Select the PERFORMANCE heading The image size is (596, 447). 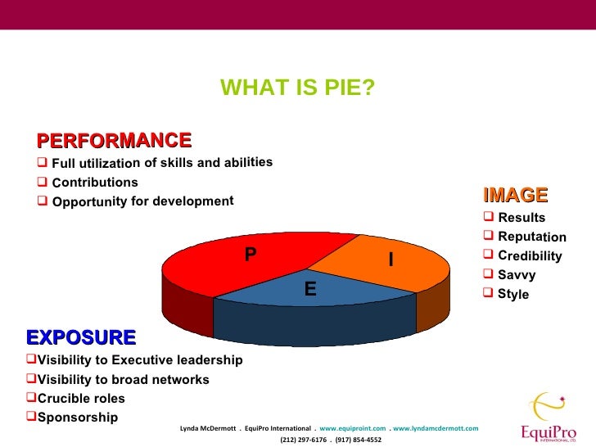114,140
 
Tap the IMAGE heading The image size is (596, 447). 515,195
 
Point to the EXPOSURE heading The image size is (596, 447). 81,337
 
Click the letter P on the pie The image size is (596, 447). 251,254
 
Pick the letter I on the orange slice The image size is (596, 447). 391,260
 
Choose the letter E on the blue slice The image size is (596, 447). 310,288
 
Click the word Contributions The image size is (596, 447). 95,182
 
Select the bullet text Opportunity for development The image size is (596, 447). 142,201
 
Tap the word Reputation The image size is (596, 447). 531,237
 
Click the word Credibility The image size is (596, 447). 530,256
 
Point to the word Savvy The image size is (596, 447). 517,275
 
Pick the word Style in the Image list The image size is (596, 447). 513,294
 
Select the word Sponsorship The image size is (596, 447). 78,418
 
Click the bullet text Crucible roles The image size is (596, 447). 81,399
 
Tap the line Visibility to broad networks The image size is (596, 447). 123,380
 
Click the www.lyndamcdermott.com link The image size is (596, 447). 436,428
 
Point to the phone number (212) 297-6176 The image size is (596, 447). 301,440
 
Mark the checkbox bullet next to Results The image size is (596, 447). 489,217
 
